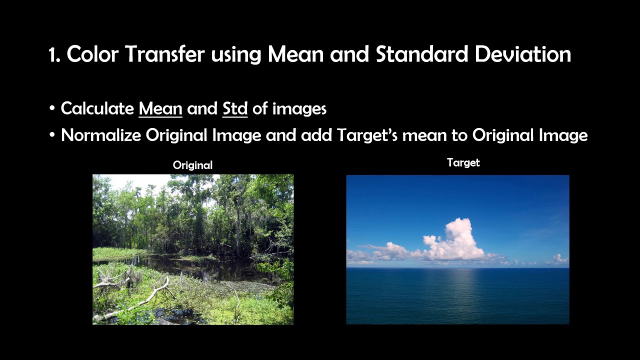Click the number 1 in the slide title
(x=52, y=54)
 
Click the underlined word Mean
(x=160, y=108)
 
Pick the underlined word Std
(x=234, y=108)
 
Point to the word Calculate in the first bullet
(x=97, y=108)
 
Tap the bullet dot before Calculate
(x=52, y=109)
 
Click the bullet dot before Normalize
(x=52, y=135)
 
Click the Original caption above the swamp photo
(x=192, y=165)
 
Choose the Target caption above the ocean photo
(x=463, y=162)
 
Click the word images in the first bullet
(x=299, y=108)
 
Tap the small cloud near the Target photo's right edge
(x=559, y=259)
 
